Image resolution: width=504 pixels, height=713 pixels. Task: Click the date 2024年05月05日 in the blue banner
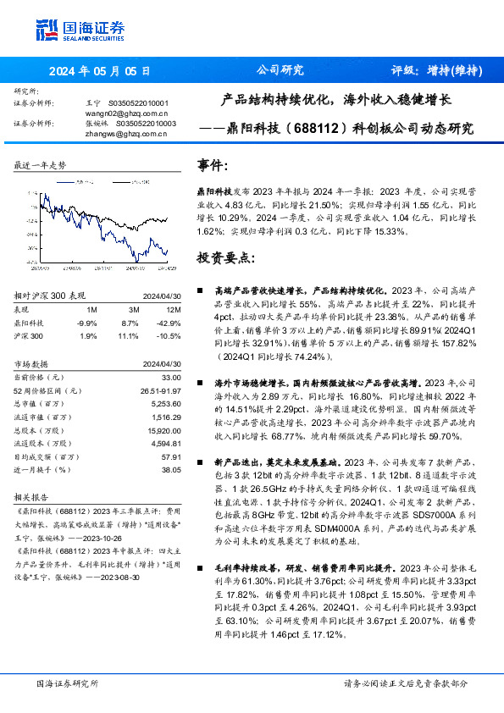pos(99,71)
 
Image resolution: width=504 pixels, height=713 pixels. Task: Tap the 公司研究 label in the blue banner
pos(280,71)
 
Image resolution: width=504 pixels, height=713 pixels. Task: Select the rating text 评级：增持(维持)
pos(437,71)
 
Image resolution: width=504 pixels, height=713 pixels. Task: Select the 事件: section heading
pos(212,166)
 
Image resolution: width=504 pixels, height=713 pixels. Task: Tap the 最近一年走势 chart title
pos(40,164)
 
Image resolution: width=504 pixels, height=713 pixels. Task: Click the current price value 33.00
pos(172,376)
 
